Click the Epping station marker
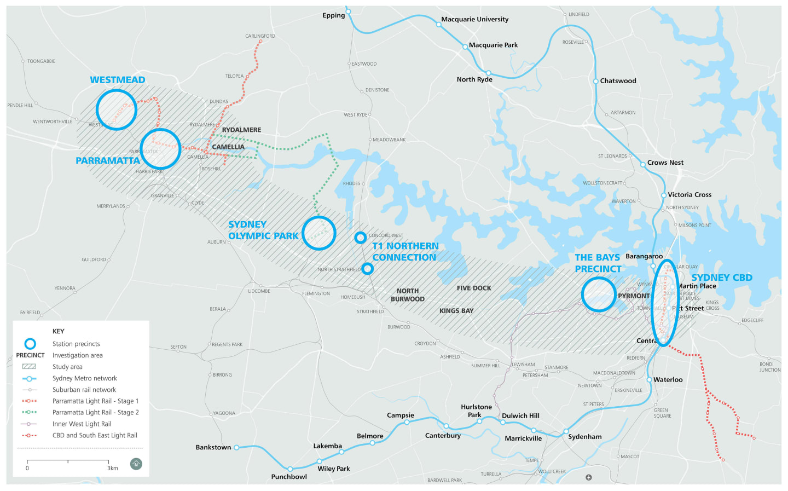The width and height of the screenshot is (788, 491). click(x=348, y=11)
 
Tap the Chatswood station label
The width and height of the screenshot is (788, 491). click(x=618, y=81)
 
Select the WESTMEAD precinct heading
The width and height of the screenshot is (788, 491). click(x=118, y=80)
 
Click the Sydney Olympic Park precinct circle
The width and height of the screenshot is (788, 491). click(x=318, y=233)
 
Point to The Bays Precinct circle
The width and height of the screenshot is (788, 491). click(x=599, y=294)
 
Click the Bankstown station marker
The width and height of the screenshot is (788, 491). click(x=236, y=447)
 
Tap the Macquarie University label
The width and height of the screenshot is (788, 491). click(x=474, y=19)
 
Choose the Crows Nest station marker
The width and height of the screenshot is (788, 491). click(x=643, y=164)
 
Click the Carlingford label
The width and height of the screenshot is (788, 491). click(x=260, y=36)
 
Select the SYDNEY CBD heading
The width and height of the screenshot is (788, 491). click(x=722, y=278)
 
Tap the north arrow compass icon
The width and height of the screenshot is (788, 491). click(x=136, y=464)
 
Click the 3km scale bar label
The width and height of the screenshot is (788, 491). click(x=113, y=468)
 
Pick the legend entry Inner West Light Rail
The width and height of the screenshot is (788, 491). click(x=82, y=424)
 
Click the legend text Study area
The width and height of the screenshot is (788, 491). click(x=67, y=367)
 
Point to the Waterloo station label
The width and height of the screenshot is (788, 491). click(x=668, y=380)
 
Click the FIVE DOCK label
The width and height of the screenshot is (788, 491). click(x=474, y=288)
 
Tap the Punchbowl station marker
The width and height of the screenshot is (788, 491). click(x=290, y=469)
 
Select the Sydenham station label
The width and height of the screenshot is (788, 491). click(x=584, y=437)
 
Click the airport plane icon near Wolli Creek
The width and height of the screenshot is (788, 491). click(x=589, y=477)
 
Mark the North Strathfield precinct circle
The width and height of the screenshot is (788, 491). click(x=368, y=268)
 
